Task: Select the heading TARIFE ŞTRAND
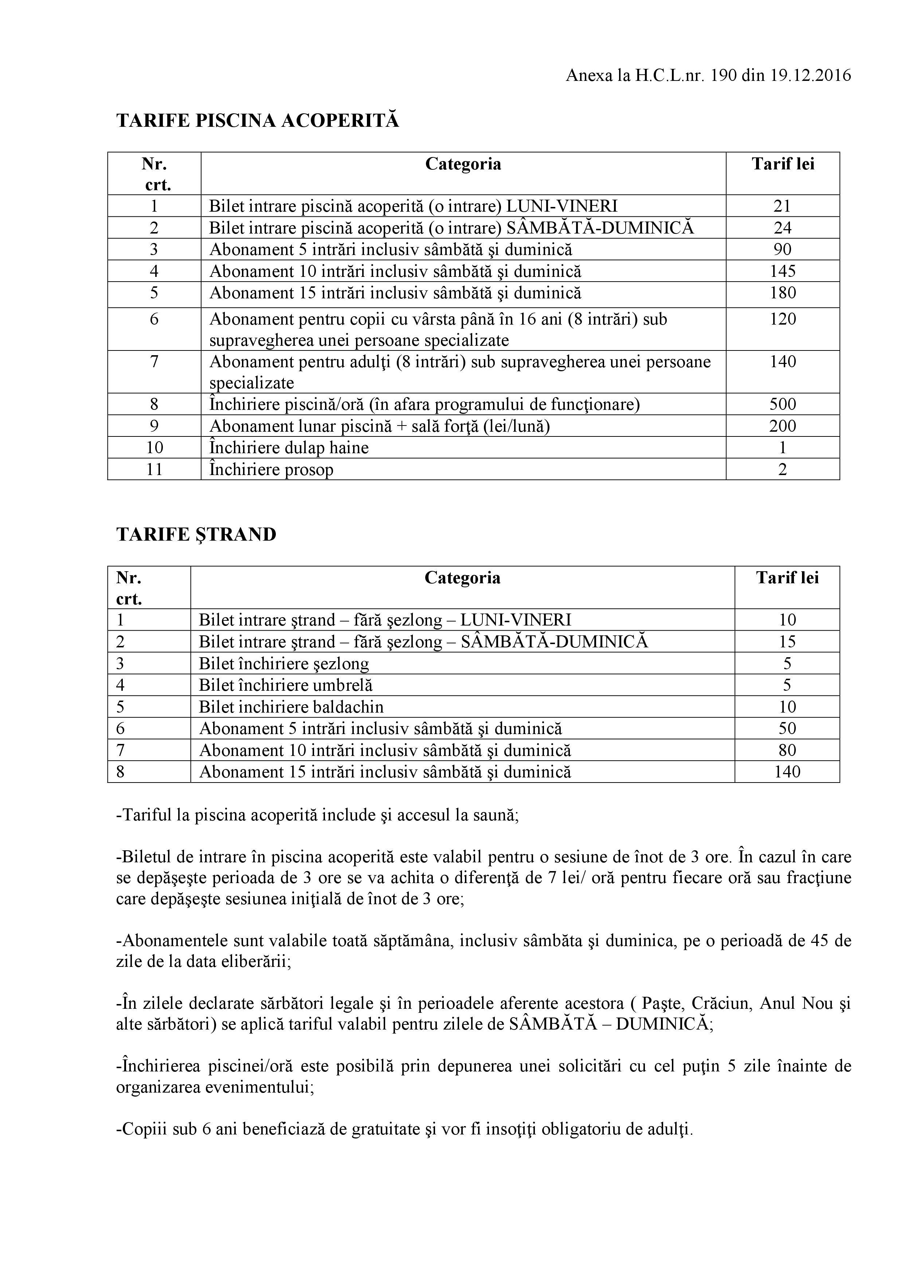coord(196,534)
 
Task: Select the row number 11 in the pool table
coord(154,469)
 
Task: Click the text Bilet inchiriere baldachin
coord(291,707)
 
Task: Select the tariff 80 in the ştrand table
coord(787,750)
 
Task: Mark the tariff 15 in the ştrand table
coord(787,642)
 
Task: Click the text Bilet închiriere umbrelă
coord(286,685)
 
